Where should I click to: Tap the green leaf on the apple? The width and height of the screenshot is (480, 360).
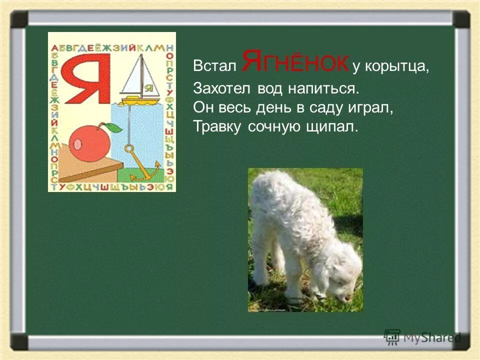click(x=115, y=127)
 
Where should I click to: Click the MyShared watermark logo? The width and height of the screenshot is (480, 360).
click(x=422, y=336)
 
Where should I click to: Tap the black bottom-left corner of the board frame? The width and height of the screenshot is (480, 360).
click(x=19, y=341)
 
